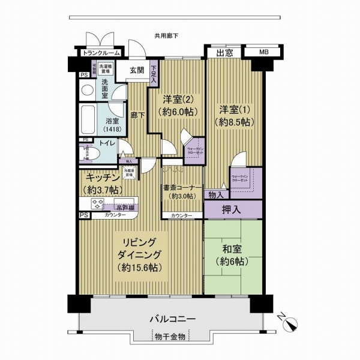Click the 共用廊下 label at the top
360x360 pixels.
click(166, 36)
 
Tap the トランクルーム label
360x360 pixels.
click(101, 53)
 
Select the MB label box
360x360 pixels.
click(263, 53)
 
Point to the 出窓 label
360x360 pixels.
click(224, 53)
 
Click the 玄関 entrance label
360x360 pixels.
click(137, 70)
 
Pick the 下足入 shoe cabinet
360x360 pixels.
click(154, 73)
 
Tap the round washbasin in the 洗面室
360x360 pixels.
click(87, 91)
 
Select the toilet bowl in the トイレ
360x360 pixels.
click(85, 154)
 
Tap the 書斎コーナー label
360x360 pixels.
click(182, 187)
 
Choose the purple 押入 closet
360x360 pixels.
click(233, 209)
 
